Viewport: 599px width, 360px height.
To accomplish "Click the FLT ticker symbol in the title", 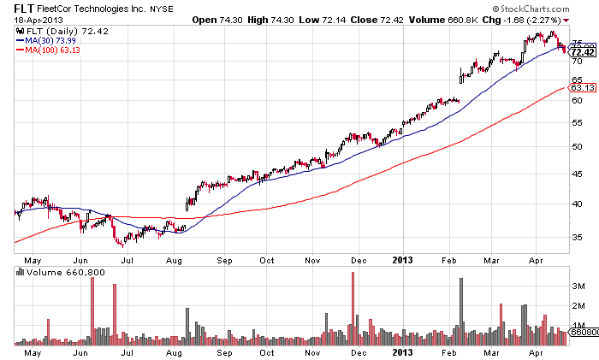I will click(x=13, y=7).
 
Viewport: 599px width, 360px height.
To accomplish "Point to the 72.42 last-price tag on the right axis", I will click(x=582, y=52).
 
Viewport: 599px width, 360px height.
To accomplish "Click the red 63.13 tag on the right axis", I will click(x=582, y=87).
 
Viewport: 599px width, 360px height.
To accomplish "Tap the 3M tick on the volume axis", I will click(x=578, y=284).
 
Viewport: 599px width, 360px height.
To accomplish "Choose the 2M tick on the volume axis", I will click(x=578, y=305).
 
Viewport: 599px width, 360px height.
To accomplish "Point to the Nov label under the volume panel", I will click(x=312, y=351).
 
